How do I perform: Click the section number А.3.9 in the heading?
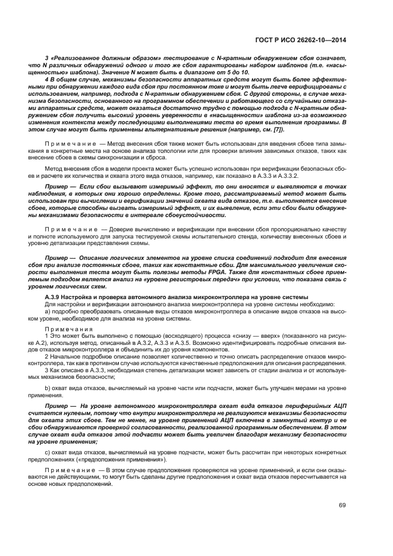pyautogui.click(x=55, y=297)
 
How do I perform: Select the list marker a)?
pyautogui.click(x=48, y=310)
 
